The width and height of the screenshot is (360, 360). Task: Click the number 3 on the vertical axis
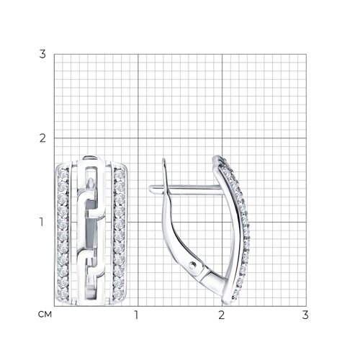(42, 54)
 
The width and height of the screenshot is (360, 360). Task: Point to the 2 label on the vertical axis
(42, 138)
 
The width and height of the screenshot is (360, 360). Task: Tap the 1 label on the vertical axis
(42, 222)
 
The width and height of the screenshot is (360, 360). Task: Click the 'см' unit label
(45, 314)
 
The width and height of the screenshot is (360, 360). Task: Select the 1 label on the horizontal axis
(137, 315)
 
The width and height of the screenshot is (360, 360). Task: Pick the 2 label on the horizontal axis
(221, 315)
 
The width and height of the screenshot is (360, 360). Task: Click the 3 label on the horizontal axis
(305, 315)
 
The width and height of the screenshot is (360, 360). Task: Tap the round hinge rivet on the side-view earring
(192, 265)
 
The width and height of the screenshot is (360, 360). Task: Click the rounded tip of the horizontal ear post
(150, 189)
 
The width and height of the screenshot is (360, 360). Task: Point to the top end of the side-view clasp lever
(164, 160)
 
